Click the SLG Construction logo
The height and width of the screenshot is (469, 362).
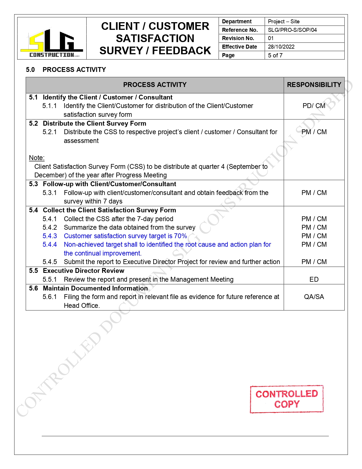click(x=52, y=43)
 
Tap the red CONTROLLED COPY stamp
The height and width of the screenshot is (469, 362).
click(x=286, y=399)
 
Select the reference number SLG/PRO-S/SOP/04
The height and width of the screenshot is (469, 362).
click(x=292, y=30)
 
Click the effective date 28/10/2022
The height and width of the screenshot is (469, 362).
click(x=281, y=47)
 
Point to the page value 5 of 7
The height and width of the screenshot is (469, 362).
click(x=275, y=55)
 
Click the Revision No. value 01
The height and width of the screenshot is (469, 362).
click(x=271, y=38)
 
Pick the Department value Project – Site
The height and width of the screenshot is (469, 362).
click(x=283, y=21)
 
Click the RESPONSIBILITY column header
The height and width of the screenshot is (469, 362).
click(x=314, y=85)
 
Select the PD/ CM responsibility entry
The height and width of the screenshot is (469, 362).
click(x=314, y=106)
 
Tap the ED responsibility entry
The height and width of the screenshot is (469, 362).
click(x=314, y=279)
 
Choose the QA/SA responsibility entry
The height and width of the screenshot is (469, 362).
click(x=314, y=297)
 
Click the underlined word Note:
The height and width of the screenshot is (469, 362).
click(x=37, y=158)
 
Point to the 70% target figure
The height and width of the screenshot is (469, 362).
click(x=180, y=236)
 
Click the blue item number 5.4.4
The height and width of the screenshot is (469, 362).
click(x=50, y=244)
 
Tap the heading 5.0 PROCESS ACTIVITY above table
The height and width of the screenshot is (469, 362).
click(x=66, y=70)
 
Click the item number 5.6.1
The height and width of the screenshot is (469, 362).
click(x=50, y=297)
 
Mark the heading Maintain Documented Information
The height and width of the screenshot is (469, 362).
click(x=95, y=288)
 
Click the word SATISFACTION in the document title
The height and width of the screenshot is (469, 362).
click(x=155, y=38)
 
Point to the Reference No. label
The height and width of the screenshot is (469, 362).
click(x=240, y=30)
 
